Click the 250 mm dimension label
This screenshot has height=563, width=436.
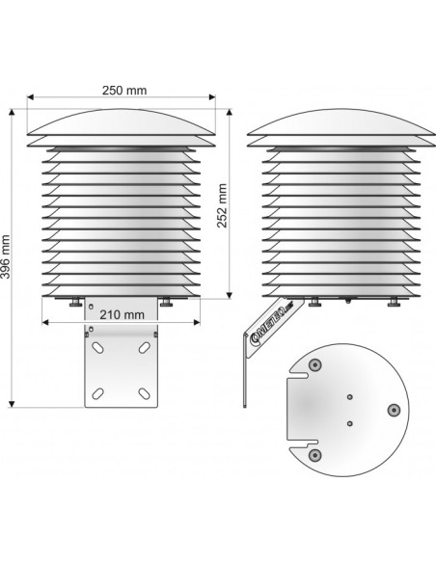coord(123,91)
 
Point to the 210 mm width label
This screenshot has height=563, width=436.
coord(122,314)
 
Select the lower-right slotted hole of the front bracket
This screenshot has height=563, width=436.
coord(144,391)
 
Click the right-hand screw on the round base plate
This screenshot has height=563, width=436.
coord(392,410)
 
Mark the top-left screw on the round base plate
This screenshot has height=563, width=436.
coord(313,365)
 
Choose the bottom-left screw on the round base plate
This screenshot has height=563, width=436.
coord(313,454)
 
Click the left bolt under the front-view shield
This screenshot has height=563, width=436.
coord(77,302)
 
